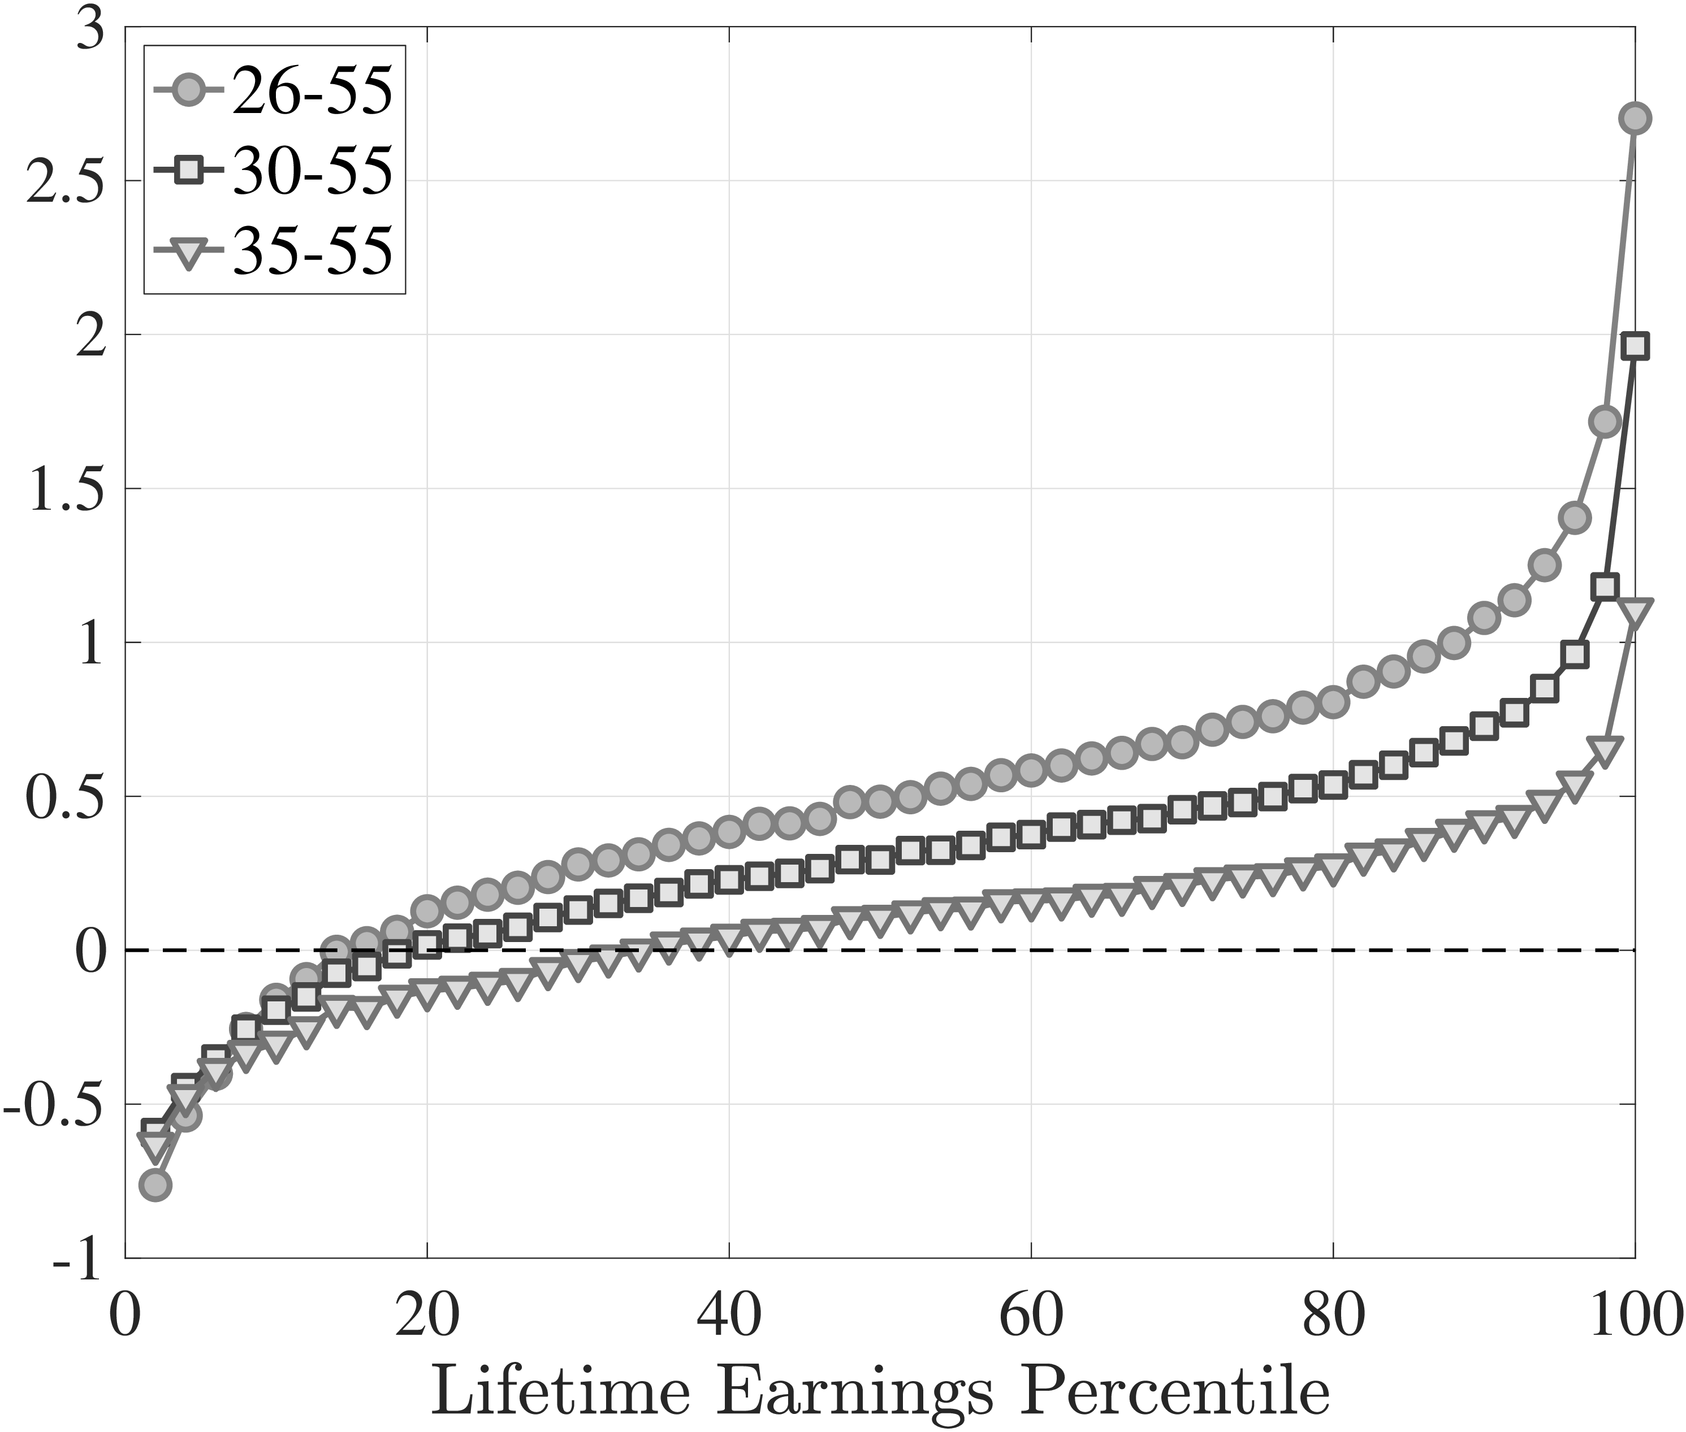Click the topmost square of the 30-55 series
[1634, 346]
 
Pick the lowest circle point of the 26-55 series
[155, 1185]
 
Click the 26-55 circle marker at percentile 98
[1605, 422]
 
